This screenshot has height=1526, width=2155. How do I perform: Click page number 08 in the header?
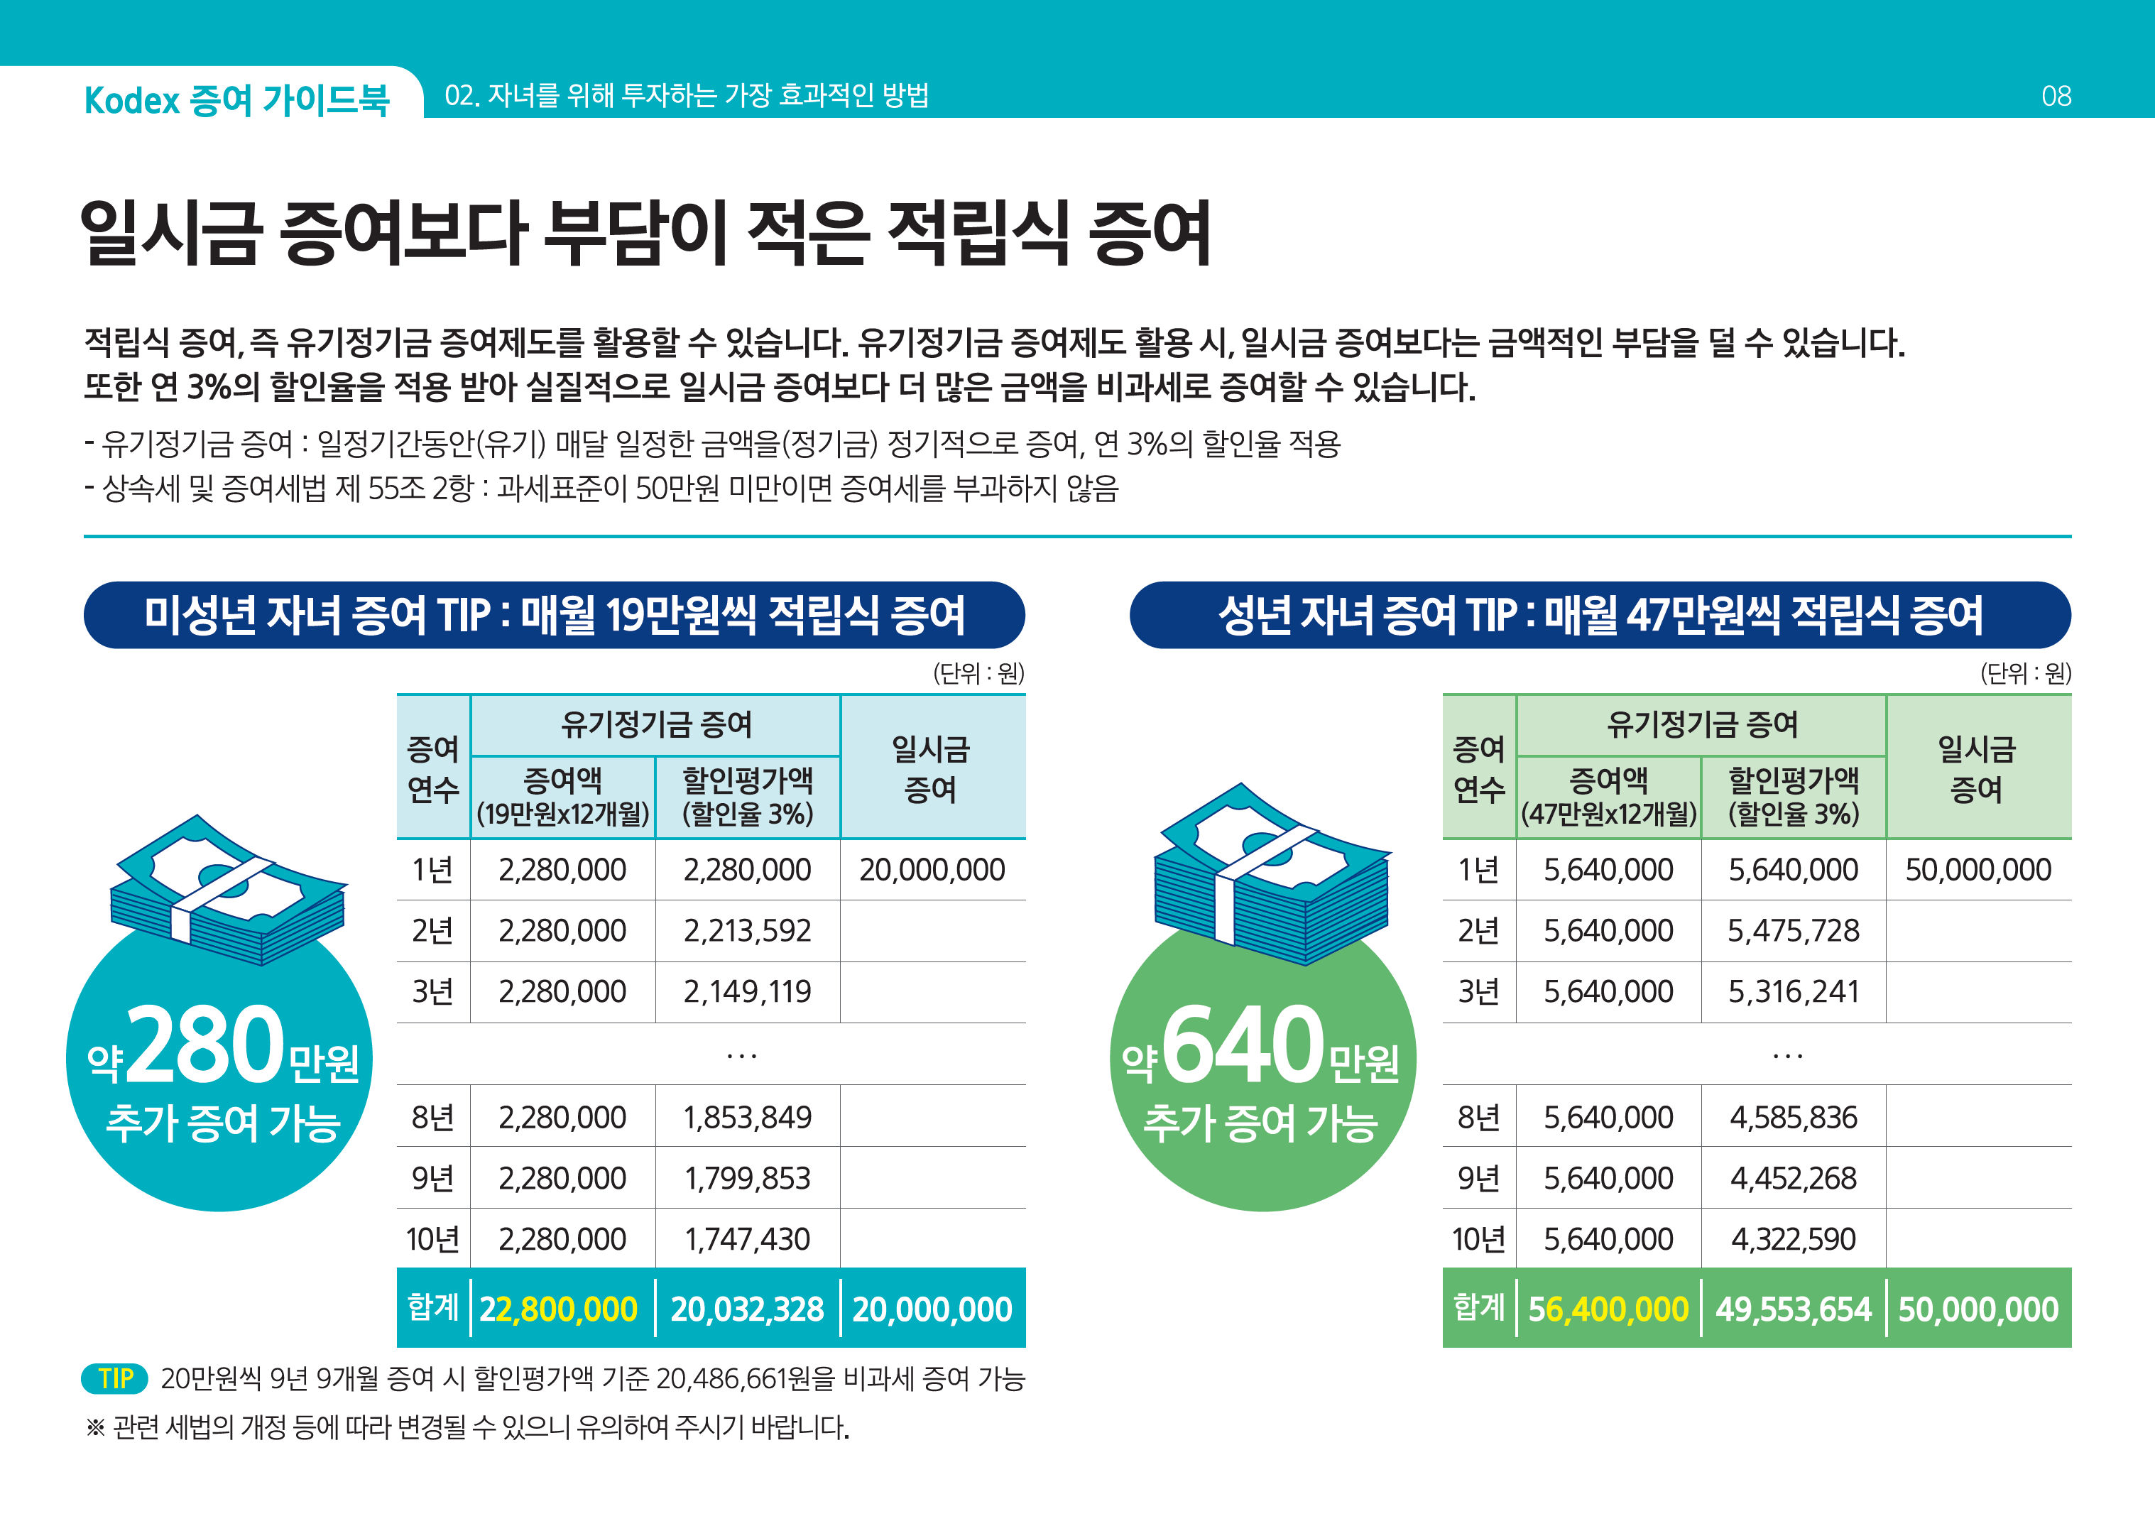[x=2056, y=96]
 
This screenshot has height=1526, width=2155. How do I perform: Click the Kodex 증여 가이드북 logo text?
[x=236, y=99]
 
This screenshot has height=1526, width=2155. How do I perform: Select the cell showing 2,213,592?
[x=747, y=930]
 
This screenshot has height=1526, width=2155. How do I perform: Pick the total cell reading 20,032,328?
[x=747, y=1309]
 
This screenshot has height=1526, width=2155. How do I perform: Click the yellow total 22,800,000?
[x=558, y=1309]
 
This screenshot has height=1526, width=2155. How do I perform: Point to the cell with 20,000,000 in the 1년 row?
[x=932, y=870]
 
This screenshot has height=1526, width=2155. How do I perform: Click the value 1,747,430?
[x=747, y=1239]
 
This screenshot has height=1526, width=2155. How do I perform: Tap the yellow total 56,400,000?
[x=1608, y=1309]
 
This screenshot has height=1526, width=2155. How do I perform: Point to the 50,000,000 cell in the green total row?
[x=1977, y=1309]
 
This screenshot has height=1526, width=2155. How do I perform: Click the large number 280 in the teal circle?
[x=204, y=1045]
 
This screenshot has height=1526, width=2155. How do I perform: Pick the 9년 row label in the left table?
[x=432, y=1178]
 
